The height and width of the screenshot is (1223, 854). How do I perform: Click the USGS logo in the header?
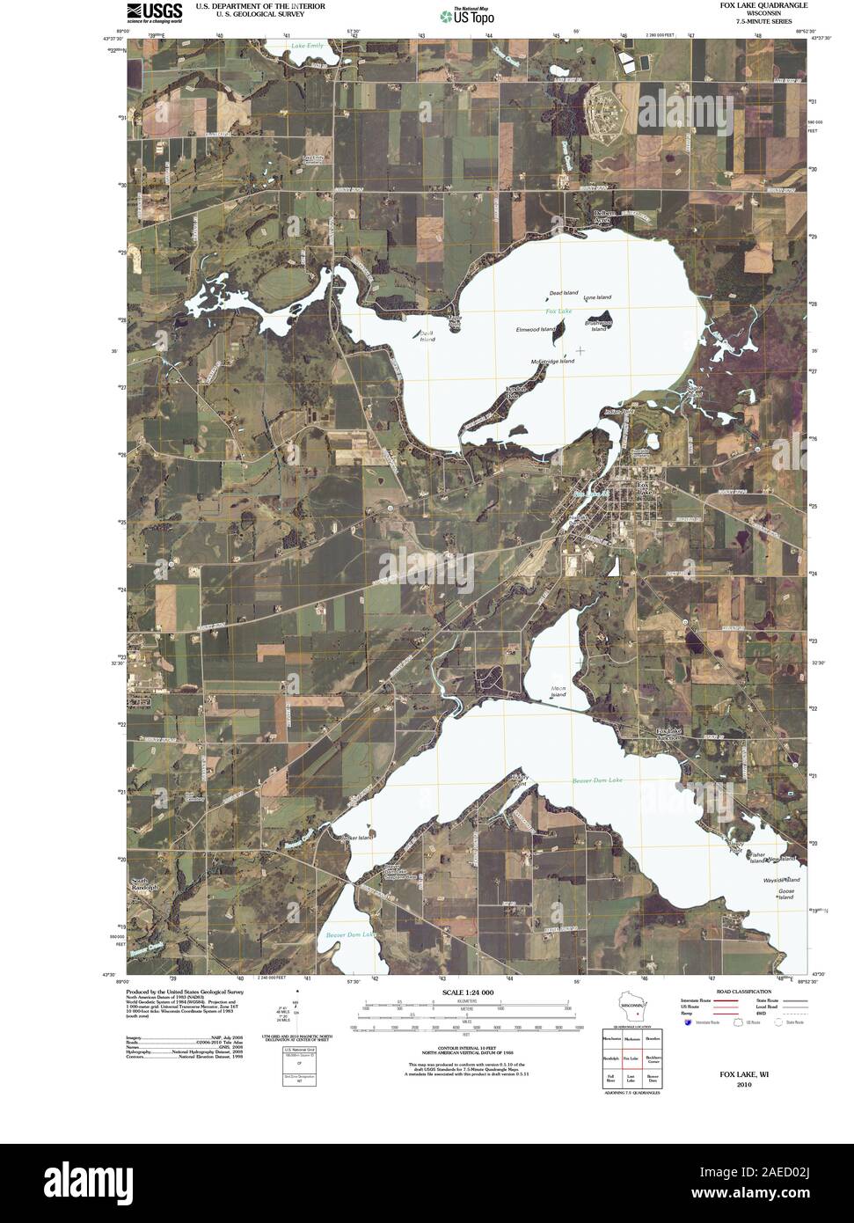pyautogui.click(x=154, y=12)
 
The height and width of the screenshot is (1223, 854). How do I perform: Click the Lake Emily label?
pyautogui.click(x=309, y=45)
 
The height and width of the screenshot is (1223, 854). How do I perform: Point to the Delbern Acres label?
pyautogui.click(x=602, y=216)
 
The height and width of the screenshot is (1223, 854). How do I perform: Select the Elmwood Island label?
pyautogui.click(x=536, y=329)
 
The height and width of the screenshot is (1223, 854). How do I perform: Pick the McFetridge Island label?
pyautogui.click(x=552, y=361)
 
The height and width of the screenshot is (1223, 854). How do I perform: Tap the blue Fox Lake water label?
pyautogui.click(x=558, y=311)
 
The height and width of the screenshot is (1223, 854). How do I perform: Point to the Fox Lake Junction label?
pyautogui.click(x=668, y=734)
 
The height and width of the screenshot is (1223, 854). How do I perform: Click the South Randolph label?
pyautogui.click(x=143, y=884)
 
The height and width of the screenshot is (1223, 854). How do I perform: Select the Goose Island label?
pyautogui.click(x=785, y=894)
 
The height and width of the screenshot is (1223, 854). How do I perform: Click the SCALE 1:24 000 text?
pyautogui.click(x=462, y=992)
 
